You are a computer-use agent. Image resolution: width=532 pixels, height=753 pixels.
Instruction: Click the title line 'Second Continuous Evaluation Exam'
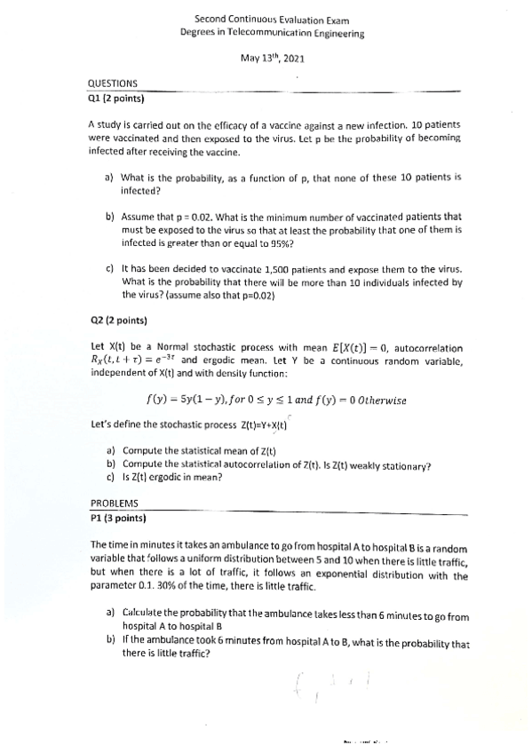tap(272, 18)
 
